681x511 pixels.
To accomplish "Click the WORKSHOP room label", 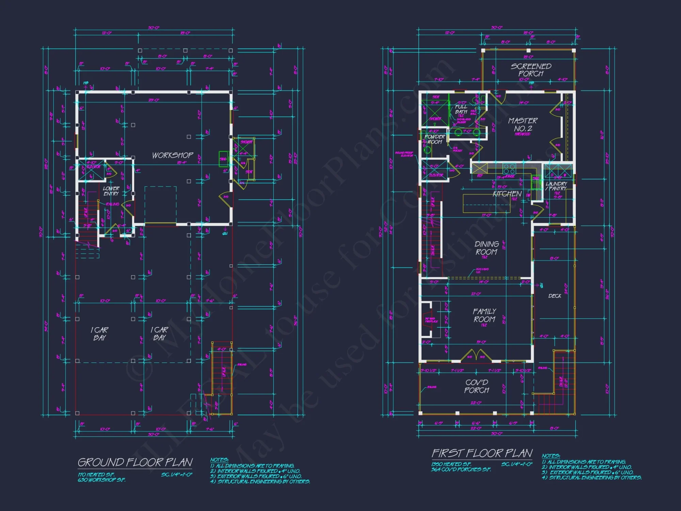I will coord(173,155).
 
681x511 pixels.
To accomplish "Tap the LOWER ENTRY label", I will coord(111,191).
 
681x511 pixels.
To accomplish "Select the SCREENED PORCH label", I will coord(531,70).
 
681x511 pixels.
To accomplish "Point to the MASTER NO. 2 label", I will coord(523,125).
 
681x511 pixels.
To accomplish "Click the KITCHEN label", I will coord(507,194).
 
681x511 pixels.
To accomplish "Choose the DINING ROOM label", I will coord(487,248).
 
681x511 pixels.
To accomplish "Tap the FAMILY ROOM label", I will coord(484,315).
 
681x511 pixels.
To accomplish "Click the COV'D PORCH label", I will coord(477,386).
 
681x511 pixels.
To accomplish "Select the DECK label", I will coord(555,296).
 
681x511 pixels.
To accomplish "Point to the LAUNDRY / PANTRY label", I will coord(556,186).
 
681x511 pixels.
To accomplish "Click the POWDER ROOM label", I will coord(434,139).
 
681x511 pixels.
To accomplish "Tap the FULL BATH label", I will coord(461,109).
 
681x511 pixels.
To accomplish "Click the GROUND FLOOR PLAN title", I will coord(135,462).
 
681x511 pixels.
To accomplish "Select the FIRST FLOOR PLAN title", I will coord(482,453).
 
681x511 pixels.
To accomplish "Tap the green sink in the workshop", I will coord(223,159).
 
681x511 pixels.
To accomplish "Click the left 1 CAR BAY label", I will coord(99,334).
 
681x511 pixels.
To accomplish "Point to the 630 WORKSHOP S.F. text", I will coord(101,480).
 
